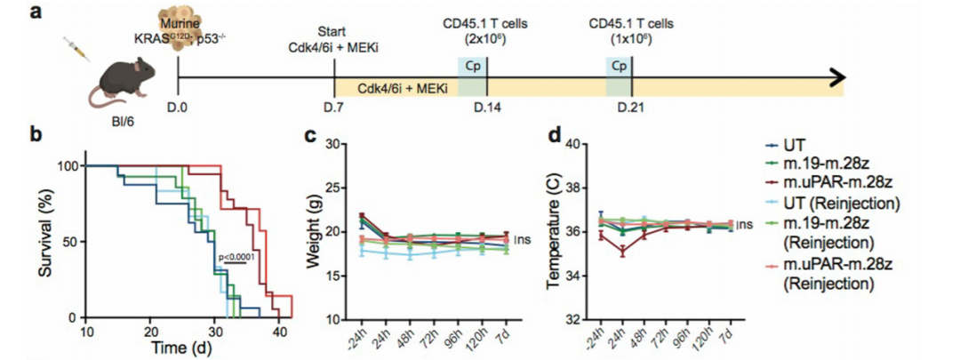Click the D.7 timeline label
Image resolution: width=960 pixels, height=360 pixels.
[334, 107]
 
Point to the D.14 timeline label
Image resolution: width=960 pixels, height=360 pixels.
[487, 107]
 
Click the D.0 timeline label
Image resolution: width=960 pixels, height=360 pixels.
[179, 107]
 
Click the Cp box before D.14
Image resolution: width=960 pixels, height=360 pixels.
[472, 66]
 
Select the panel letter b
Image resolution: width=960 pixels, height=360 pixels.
[36, 135]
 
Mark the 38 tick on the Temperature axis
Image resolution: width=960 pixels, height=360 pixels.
[572, 188]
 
